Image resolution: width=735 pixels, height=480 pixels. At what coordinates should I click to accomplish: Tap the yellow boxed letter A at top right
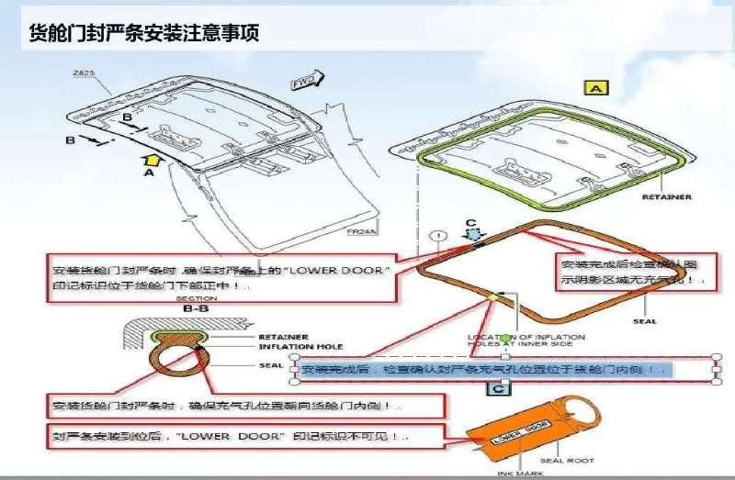596,88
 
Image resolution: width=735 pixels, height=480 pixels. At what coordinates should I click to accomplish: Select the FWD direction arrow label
303,83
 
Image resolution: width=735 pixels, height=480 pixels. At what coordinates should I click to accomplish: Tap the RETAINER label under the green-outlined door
666,197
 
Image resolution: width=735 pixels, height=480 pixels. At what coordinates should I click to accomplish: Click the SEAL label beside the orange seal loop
644,321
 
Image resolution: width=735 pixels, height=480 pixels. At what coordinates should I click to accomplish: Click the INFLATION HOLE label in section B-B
300,346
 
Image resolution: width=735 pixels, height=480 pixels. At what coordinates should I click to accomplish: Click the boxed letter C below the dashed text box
497,388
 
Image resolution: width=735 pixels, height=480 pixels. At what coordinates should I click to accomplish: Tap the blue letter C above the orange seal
471,223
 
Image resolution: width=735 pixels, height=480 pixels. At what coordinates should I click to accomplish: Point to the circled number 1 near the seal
441,234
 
